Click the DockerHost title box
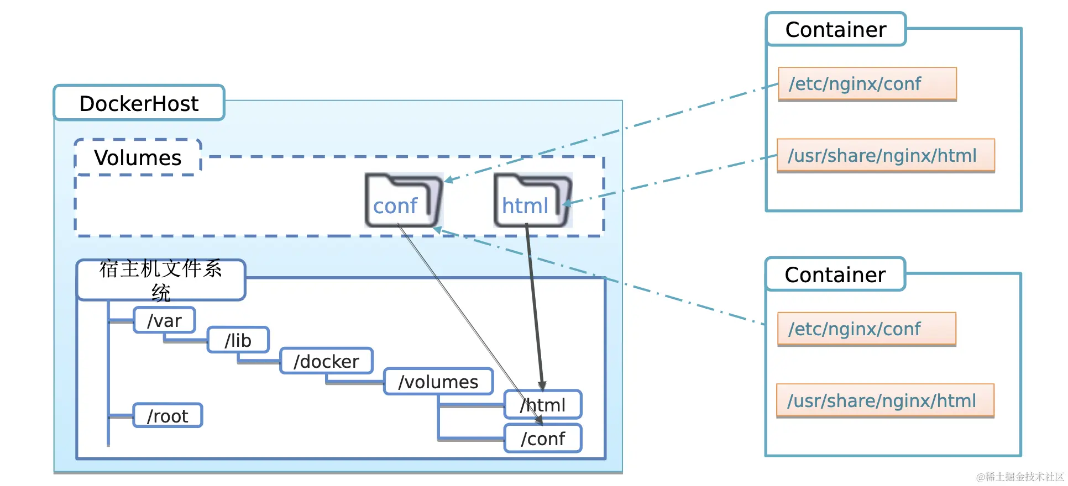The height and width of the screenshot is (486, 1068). click(139, 103)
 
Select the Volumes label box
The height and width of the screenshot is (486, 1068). click(138, 158)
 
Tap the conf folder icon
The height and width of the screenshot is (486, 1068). click(403, 200)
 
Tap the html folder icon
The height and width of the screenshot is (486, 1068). click(532, 200)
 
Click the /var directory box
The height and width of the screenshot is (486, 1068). click(164, 320)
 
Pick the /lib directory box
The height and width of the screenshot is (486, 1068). click(238, 340)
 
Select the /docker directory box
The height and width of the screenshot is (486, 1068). click(326, 361)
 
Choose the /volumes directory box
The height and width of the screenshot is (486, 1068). click(438, 382)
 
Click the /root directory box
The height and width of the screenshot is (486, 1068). click(167, 416)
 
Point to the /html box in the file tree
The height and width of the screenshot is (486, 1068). click(543, 405)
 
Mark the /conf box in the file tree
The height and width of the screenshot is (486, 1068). click(543, 439)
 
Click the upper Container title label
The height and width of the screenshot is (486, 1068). click(835, 29)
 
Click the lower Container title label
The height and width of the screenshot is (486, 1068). click(835, 274)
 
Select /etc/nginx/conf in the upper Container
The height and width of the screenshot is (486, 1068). click(867, 84)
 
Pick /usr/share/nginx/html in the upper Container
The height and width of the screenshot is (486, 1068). click(885, 156)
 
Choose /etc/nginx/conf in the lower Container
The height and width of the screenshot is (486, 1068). click(866, 329)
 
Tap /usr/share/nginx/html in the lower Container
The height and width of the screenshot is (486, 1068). click(884, 401)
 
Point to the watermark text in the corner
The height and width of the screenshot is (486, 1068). click(1020, 477)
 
